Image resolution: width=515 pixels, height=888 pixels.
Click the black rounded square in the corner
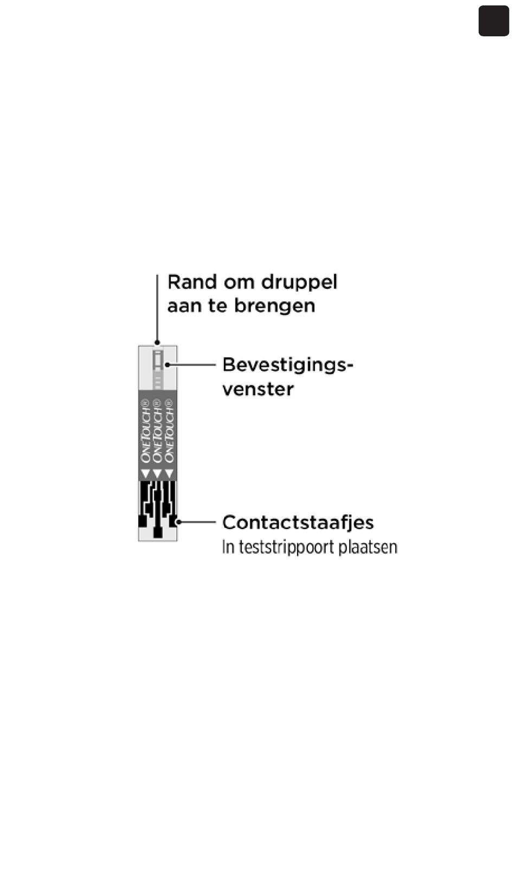point(493,21)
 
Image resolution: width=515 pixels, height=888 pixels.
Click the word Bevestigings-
point(287,365)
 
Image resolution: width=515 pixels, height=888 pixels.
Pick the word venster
point(257,389)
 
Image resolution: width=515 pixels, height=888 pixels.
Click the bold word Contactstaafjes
point(298,523)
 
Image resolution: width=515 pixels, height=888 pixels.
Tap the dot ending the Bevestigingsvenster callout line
point(168,365)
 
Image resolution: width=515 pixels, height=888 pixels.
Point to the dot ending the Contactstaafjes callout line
point(178,522)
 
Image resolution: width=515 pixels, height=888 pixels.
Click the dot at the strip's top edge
point(157,343)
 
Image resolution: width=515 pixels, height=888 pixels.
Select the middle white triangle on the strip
point(157,474)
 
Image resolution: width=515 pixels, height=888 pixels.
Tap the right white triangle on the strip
point(169,474)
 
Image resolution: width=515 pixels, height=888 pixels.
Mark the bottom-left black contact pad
point(143,521)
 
